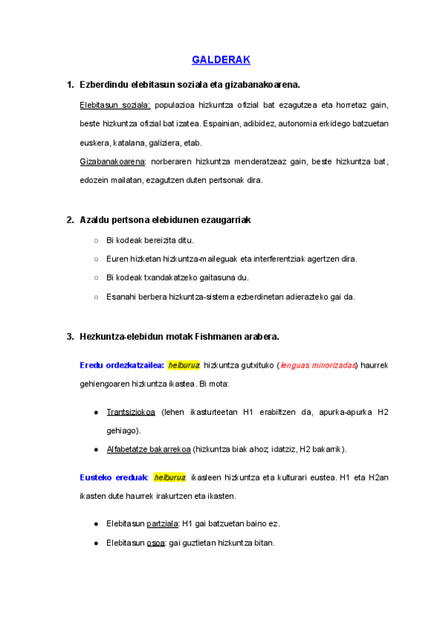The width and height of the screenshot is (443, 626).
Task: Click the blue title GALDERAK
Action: pyautogui.click(x=221, y=59)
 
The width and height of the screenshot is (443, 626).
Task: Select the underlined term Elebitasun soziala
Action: pyautogui.click(x=114, y=105)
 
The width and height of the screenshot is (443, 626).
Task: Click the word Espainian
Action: pyautogui.click(x=222, y=123)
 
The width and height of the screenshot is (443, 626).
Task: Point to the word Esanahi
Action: pyautogui.click(x=123, y=297)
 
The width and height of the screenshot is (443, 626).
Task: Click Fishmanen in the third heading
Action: pyautogui.click(x=223, y=337)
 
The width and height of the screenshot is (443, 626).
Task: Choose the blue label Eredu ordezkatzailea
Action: pyautogui.click(x=122, y=365)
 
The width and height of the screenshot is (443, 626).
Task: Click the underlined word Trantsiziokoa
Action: pyautogui.click(x=131, y=412)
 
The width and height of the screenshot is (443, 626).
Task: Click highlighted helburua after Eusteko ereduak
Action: pyautogui.click(x=171, y=477)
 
